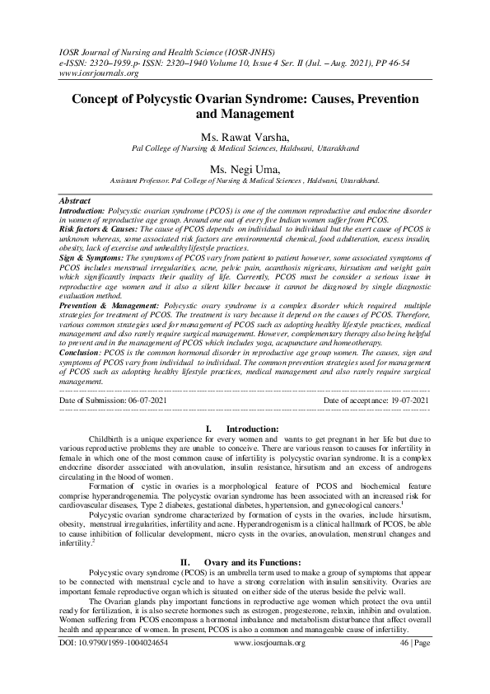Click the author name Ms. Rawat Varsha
(245, 136)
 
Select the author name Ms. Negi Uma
(245, 168)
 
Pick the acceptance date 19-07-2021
(403, 400)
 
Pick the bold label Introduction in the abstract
(82, 211)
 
